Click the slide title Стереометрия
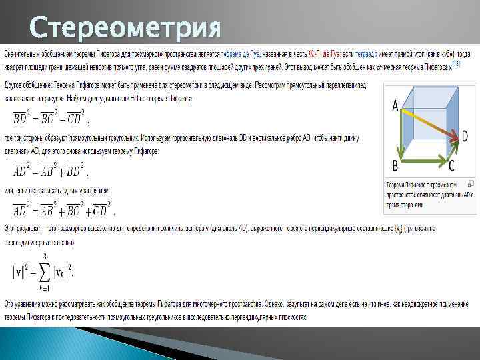pyautogui.click(x=125, y=29)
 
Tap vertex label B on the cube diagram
pyautogui.click(x=395, y=165)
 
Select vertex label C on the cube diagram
pyautogui.click(x=451, y=165)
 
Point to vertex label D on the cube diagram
pyautogui.click(x=464, y=136)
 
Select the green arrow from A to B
pyautogui.click(x=400, y=133)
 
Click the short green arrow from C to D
pyautogui.click(x=453, y=149)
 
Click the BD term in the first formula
pyautogui.click(x=22, y=118)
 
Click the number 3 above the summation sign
pyautogui.click(x=44, y=255)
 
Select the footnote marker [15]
pyautogui.click(x=455, y=63)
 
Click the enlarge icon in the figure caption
pyautogui.click(x=471, y=183)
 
